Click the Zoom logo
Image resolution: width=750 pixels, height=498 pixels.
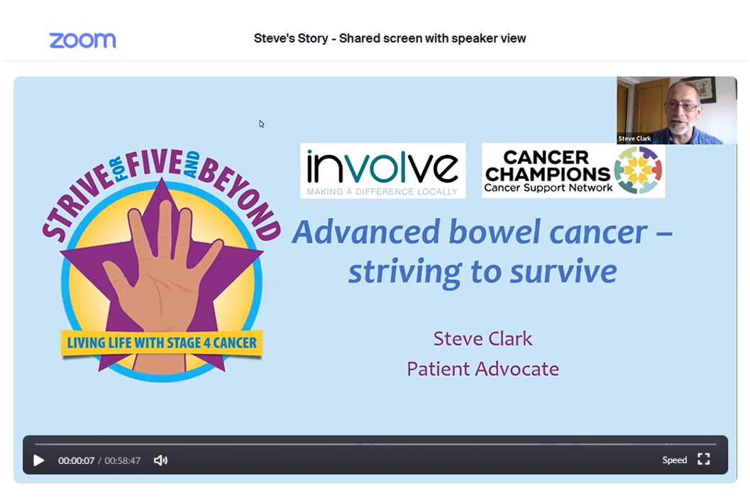(82, 40)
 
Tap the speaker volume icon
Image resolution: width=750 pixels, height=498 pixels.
(160, 460)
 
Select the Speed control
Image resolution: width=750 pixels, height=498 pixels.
(674, 460)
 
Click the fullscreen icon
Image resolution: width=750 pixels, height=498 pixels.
(704, 459)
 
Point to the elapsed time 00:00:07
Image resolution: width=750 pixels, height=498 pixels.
(76, 460)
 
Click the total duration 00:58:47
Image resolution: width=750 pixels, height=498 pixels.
(123, 460)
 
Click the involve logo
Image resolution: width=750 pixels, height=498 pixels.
(382, 171)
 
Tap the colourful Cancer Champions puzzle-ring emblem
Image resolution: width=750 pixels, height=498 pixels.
(638, 170)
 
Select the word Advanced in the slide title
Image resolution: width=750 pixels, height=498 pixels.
(365, 232)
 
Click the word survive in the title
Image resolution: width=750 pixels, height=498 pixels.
(563, 271)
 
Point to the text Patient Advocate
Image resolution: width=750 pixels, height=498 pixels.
(482, 369)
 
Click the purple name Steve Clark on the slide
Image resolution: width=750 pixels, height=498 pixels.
(482, 339)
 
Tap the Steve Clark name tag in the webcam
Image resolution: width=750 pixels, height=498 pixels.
(634, 139)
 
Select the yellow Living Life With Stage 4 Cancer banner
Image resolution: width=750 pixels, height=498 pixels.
(162, 343)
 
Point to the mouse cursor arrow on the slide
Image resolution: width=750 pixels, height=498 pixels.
(262, 124)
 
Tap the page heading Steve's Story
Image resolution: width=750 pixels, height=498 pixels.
(291, 38)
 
